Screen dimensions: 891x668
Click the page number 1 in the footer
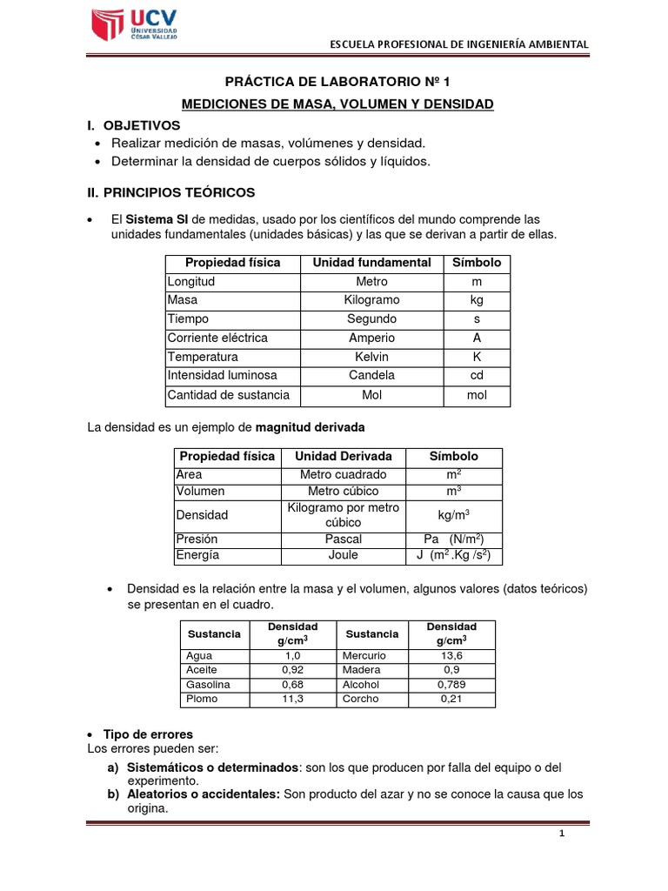[x=562, y=834]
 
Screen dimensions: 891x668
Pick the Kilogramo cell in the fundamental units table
[x=371, y=300]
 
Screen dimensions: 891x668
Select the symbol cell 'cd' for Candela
[x=477, y=375]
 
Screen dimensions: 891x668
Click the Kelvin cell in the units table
[x=371, y=357]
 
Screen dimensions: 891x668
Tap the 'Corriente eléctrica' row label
[x=217, y=338]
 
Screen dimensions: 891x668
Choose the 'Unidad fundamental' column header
[x=371, y=263]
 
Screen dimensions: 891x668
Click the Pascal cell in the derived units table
[x=343, y=539]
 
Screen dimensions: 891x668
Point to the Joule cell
[x=343, y=555]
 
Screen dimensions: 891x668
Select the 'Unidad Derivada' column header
[x=343, y=457]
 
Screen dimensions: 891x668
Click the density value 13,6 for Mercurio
[x=451, y=655]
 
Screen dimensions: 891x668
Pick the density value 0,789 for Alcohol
[x=451, y=685]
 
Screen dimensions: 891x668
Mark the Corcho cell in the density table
[x=363, y=699]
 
